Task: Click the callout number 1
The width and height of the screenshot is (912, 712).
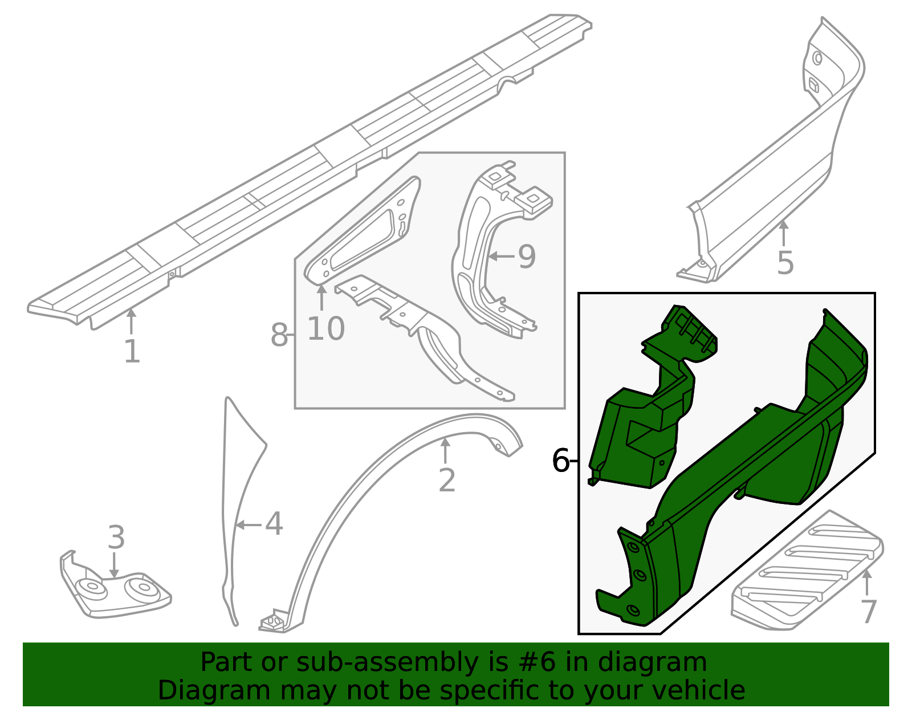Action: coord(132,351)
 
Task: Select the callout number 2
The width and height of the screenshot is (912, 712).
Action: coord(446,481)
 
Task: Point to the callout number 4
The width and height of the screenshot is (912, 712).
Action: coord(274,524)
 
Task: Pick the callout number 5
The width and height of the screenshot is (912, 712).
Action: coord(785,263)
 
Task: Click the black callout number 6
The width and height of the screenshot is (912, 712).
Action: coord(561,461)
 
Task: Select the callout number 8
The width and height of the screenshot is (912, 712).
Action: coord(279,335)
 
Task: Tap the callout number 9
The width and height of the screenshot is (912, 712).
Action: coord(527,257)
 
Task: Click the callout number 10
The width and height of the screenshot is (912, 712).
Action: coord(326,328)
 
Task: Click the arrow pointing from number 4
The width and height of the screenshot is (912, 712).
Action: coord(249,524)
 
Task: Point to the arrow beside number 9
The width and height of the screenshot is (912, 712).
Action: coord(502,256)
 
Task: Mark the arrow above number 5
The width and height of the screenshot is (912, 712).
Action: coord(784,233)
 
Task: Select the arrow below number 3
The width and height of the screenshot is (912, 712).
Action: coord(114,565)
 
